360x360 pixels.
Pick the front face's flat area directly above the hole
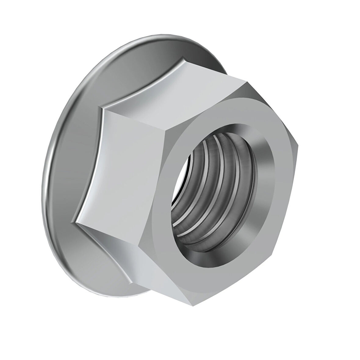click(x=226, y=113)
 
